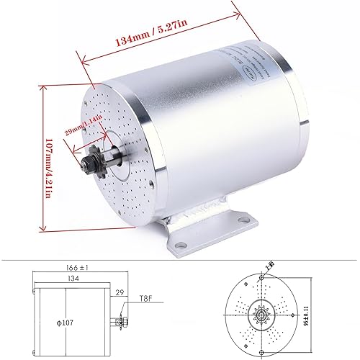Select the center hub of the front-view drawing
pyautogui.click(x=260, y=315)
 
